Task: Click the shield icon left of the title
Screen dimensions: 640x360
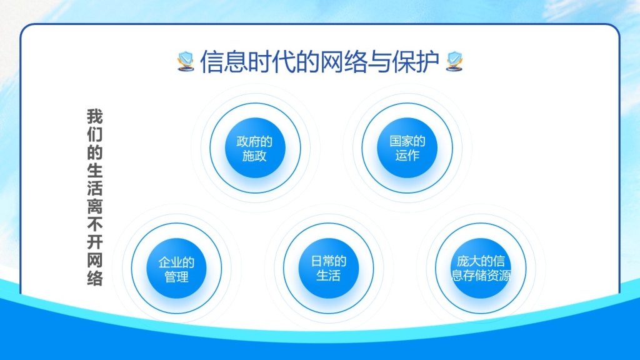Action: point(186,61)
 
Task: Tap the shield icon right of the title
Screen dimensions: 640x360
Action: point(454,61)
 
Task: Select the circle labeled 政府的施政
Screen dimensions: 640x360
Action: point(255,147)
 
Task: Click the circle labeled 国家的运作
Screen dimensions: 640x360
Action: point(407,147)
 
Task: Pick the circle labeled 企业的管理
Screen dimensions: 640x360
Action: point(176,269)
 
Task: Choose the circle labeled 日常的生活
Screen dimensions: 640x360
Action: point(329,268)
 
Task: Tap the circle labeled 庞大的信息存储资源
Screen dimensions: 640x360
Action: point(481,268)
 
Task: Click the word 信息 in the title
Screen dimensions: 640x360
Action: point(224,62)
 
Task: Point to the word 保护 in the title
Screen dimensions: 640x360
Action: point(416,62)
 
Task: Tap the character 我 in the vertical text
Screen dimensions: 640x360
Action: point(95,117)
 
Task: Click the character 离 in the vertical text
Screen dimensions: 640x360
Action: point(95,206)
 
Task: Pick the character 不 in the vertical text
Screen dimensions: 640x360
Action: point(95,224)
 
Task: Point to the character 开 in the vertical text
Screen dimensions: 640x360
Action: point(95,242)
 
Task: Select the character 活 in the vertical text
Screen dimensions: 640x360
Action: point(95,189)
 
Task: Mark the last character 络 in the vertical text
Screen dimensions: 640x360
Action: point(95,278)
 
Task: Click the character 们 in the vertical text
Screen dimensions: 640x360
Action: point(95,135)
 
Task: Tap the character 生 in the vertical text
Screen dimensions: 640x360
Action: point(95,171)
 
